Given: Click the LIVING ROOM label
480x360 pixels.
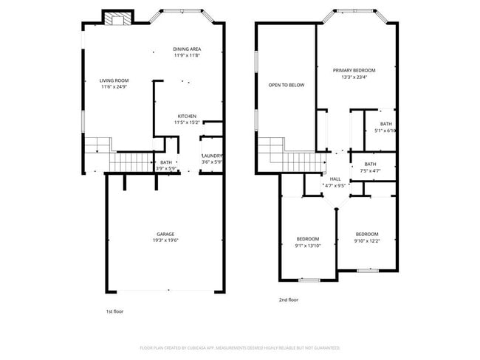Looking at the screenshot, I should tap(114, 80).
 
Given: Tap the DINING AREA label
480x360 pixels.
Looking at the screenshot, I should tap(187, 49).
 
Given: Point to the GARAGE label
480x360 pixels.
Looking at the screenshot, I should tap(165, 234).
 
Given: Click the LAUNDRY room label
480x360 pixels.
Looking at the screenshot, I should tap(212, 156).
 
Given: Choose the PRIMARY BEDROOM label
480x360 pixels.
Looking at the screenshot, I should tap(354, 70).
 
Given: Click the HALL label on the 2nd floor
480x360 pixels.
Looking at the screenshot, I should tap(335, 179).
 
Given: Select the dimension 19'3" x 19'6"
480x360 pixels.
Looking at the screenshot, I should tap(165, 240).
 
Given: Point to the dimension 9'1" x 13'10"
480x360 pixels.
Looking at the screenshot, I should tap(308, 245).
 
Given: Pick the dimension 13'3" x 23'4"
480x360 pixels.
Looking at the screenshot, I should tap(354, 77).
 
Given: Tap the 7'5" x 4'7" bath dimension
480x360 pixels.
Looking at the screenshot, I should tap(370, 170).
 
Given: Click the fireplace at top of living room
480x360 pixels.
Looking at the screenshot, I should tap(115, 19).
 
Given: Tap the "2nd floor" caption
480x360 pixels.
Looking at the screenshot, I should tap(289, 300).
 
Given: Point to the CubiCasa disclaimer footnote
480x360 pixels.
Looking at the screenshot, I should tap(239, 347).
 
